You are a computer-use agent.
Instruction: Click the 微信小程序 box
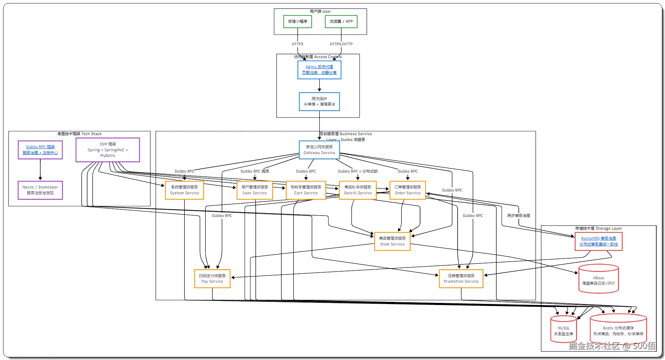click(x=298, y=21)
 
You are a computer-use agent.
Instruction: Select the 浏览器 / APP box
click(x=341, y=21)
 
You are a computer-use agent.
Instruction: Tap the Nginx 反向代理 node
click(x=319, y=70)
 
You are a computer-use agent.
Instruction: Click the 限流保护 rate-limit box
click(x=319, y=101)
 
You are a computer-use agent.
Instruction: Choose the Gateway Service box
click(x=319, y=150)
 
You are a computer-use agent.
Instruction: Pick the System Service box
click(x=184, y=190)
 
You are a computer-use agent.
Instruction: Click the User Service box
click(x=255, y=190)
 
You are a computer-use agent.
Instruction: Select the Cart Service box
click(x=306, y=190)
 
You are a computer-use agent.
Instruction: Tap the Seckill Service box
click(x=358, y=190)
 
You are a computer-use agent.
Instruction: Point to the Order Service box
click(x=408, y=190)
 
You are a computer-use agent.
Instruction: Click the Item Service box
click(x=392, y=241)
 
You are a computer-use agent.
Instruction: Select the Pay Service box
click(x=212, y=279)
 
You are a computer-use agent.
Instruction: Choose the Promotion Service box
click(x=461, y=279)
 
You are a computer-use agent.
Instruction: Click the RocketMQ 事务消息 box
click(x=599, y=241)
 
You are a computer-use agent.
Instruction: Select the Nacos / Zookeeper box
click(x=40, y=190)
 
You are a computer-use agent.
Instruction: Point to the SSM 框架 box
click(x=108, y=150)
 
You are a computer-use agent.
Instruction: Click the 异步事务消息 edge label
click(x=518, y=216)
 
